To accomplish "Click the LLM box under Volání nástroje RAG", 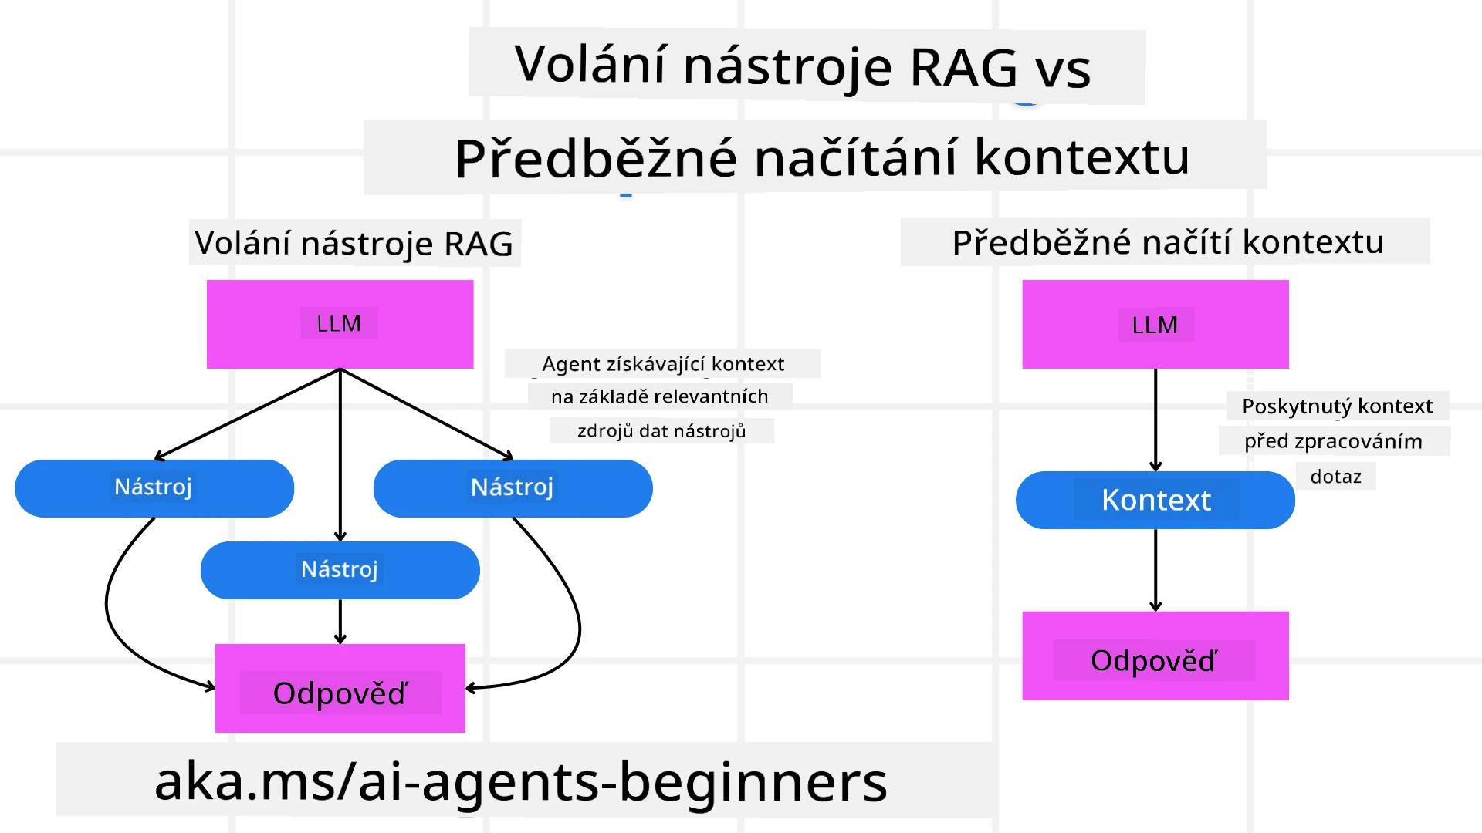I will pos(340,324).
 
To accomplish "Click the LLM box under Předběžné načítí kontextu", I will pos(1155,324).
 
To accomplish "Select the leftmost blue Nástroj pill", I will pos(154,487).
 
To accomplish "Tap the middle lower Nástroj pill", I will pos(340,570).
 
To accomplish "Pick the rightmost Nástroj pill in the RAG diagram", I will pos(513,487).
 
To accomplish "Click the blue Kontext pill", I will pos(1155,500).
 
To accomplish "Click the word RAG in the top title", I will pos(963,68).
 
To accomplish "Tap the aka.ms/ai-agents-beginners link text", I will pos(521,781).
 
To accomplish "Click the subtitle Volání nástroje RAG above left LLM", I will pos(354,243).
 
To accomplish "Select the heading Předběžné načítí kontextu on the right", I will pos(1167,242).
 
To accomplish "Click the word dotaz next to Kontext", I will pos(1335,477).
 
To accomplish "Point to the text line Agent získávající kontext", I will pos(662,363).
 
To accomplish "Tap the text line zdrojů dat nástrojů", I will pos(661,430).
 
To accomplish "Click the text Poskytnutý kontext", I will pos(1337,406).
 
